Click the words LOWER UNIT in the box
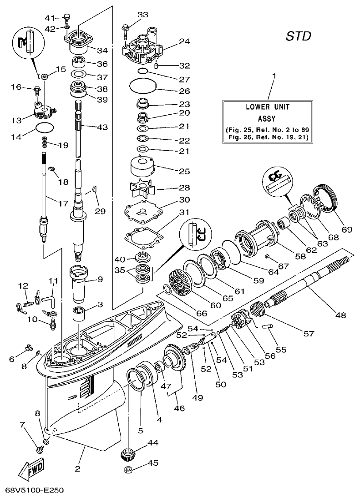(x=268, y=107)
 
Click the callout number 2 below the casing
(x=77, y=469)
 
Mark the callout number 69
(x=347, y=229)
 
